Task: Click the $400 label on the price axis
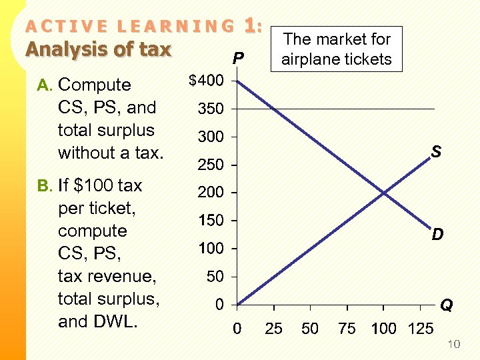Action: (x=206, y=81)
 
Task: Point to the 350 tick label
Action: (x=211, y=109)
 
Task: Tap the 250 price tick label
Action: (x=211, y=165)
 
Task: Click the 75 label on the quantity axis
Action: (x=347, y=329)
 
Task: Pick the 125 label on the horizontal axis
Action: (x=420, y=329)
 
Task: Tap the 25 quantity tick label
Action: (x=273, y=329)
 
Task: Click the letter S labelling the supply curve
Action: (x=435, y=153)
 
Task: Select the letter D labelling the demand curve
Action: (x=437, y=235)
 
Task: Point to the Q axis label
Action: (x=447, y=305)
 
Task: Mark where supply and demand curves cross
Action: (x=384, y=193)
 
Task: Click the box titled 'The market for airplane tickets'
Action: (x=336, y=49)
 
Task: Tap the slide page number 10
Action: (x=453, y=344)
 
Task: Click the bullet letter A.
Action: (x=44, y=85)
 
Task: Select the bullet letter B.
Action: (x=44, y=185)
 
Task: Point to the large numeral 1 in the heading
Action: (x=250, y=27)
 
